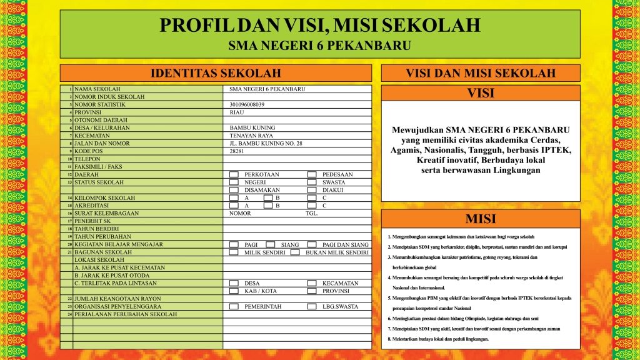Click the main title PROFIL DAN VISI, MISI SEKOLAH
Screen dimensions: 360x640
[x=319, y=26]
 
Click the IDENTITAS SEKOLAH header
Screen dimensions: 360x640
[x=216, y=73]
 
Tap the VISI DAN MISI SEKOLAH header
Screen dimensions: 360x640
[x=480, y=73]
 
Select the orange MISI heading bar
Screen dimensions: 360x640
[x=480, y=219]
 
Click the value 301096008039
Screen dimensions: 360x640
[x=247, y=104]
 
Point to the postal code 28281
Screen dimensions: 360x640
[x=237, y=151]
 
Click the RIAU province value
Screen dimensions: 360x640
[x=237, y=112]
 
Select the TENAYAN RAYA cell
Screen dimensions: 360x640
[x=251, y=136]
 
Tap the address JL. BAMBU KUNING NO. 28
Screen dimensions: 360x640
[x=266, y=144]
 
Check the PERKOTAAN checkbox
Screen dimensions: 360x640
[x=234, y=175]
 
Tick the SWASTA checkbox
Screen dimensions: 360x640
[x=312, y=182]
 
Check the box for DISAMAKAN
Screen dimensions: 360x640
[x=234, y=190]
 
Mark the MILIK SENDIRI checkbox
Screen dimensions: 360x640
[x=234, y=252]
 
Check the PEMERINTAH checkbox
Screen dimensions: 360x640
[x=234, y=307]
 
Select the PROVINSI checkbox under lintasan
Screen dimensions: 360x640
[x=312, y=291]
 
